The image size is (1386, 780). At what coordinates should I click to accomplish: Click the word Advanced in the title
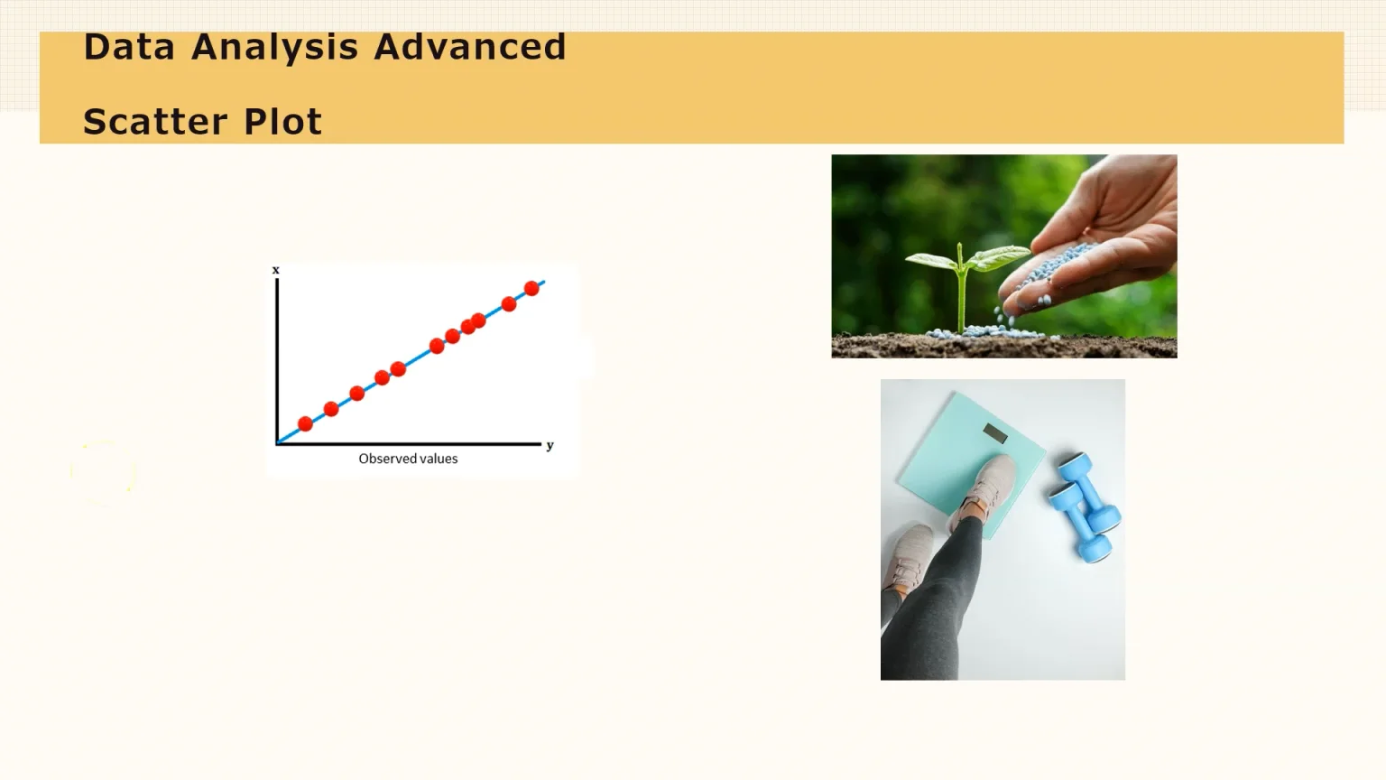470,47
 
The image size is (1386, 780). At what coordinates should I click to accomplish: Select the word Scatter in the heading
154,122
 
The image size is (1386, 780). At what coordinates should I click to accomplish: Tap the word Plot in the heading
282,122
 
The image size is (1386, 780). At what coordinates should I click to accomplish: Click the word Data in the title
128,47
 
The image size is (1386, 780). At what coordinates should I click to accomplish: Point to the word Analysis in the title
275,47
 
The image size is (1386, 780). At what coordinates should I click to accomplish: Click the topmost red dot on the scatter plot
531,288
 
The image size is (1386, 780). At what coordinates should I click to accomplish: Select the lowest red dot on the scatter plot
305,423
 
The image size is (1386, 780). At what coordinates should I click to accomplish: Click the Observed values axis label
408,459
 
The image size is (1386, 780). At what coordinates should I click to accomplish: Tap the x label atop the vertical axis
276,270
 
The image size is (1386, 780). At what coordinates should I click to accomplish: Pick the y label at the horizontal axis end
550,445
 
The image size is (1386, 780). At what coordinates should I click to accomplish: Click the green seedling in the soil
962,271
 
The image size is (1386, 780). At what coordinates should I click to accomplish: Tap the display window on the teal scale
994,433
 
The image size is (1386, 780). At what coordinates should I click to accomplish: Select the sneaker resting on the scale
983,491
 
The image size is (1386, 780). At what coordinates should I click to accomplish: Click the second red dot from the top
509,304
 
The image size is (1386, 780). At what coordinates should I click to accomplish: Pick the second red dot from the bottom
331,409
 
